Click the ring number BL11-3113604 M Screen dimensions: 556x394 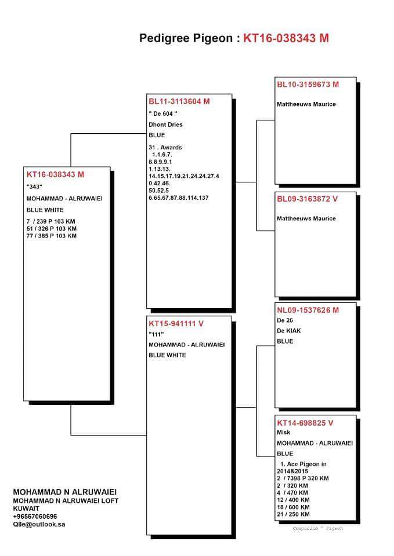pyautogui.click(x=179, y=101)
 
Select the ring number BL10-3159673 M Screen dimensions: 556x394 pyautogui.click(x=308, y=85)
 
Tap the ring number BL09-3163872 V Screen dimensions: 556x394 pyautogui.click(x=307, y=199)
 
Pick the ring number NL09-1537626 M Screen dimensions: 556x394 pyautogui.click(x=308, y=310)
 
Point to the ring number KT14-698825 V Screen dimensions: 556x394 pyautogui.click(x=305, y=423)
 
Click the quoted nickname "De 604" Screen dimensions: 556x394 pyautogui.click(x=163, y=114)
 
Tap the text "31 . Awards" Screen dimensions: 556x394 pyautogui.click(x=165, y=147)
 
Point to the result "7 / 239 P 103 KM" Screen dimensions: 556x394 pyautogui.click(x=51, y=221)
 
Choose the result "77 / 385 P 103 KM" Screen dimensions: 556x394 pyautogui.click(x=51, y=236)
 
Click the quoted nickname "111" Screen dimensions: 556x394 pyautogui.click(x=157, y=334)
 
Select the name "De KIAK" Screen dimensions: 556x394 pyautogui.click(x=289, y=330)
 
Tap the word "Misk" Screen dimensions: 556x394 pyautogui.click(x=284, y=432)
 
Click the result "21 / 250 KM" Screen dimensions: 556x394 pyautogui.click(x=294, y=514)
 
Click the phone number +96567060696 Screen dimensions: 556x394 pyautogui.click(x=35, y=515)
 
